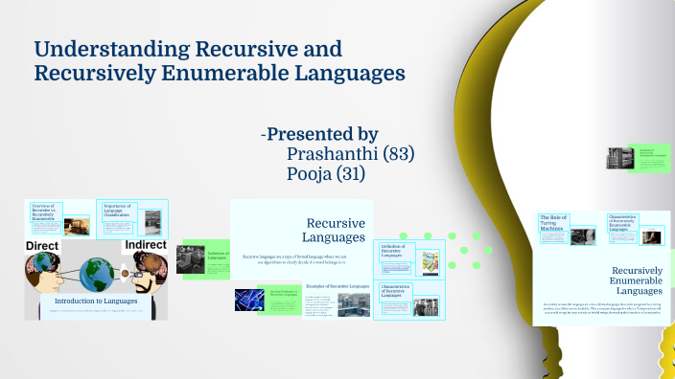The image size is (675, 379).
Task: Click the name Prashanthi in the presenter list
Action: pyautogui.click(x=332, y=154)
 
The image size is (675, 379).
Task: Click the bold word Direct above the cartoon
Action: pyautogui.click(x=43, y=246)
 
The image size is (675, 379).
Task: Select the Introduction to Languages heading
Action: pyautogui.click(x=96, y=301)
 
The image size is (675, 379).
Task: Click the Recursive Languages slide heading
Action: pyautogui.click(x=335, y=230)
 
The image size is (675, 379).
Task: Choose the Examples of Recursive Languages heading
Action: pyautogui.click(x=337, y=286)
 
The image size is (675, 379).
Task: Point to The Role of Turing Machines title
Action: pyautogui.click(x=554, y=221)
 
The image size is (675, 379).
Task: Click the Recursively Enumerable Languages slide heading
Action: pyautogui.click(x=638, y=280)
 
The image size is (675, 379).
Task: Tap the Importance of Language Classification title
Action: pyautogui.click(x=119, y=211)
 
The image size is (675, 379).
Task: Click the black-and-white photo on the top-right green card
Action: pyautogui.click(x=616, y=158)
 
